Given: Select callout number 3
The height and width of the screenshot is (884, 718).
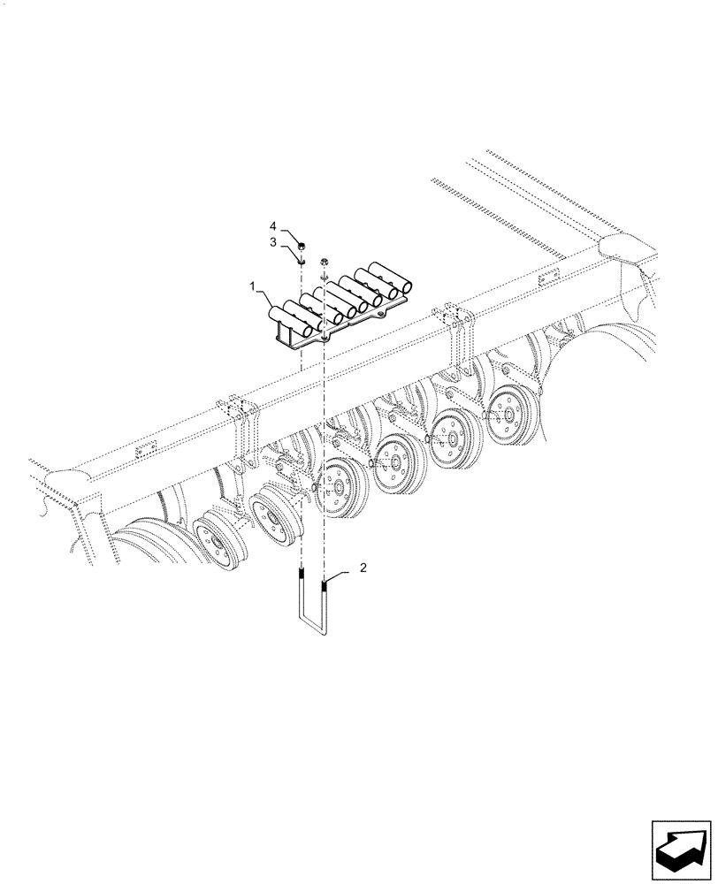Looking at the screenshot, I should point(274,240).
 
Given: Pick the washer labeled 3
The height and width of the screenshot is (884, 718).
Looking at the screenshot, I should point(302,260).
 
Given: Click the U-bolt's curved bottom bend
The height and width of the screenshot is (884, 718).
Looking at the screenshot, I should point(313,633).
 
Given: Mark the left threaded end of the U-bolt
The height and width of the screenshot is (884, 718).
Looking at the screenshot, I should point(301,584).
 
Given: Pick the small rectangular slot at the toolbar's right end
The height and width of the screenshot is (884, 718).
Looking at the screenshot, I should point(540,282).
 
